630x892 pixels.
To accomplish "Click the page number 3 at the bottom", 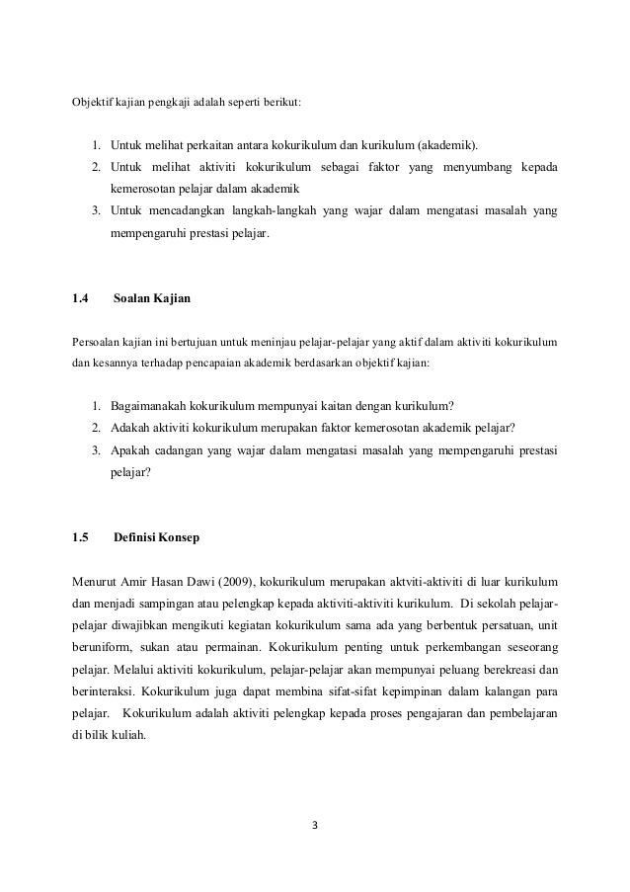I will pyautogui.click(x=315, y=826).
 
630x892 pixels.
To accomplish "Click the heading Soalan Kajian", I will pyautogui.click(x=152, y=297).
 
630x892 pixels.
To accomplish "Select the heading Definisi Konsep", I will pyautogui.click(x=156, y=537).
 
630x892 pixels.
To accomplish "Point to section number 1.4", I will pyautogui.click(x=81, y=297).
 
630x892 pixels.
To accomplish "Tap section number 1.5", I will pyautogui.click(x=81, y=537).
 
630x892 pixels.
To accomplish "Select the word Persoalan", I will pyautogui.click(x=98, y=343).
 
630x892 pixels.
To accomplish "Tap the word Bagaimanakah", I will pyautogui.click(x=154, y=405).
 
